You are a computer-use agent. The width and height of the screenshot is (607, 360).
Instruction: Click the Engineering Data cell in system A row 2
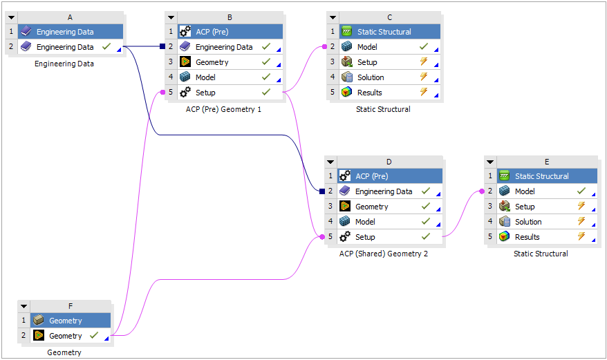coord(64,47)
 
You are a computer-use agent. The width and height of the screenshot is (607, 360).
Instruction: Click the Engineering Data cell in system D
coord(383,191)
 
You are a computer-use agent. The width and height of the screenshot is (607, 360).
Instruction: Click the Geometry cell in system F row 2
coord(65,336)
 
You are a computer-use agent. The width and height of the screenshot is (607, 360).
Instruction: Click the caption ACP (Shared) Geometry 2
coord(383,254)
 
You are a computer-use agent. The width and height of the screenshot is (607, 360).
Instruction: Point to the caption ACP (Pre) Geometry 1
coord(223,109)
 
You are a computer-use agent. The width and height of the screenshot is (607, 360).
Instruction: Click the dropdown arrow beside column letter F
coord(24,305)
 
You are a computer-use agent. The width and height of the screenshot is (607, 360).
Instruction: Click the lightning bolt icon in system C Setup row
coord(424,62)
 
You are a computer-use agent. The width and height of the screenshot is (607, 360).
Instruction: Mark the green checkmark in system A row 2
coord(106,47)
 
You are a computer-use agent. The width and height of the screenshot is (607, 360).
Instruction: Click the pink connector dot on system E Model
coord(481,191)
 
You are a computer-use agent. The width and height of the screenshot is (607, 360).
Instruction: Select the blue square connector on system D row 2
coord(321,191)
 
